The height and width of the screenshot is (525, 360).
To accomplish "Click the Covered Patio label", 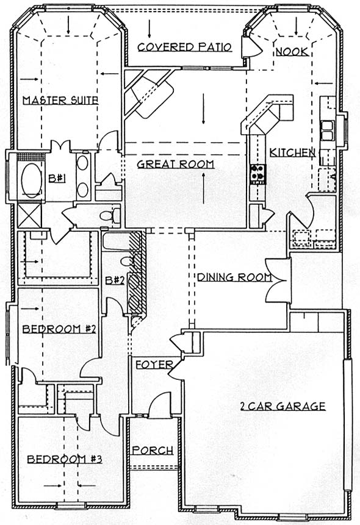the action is point(185,47).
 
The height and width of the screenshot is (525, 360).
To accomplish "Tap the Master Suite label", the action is point(60,100).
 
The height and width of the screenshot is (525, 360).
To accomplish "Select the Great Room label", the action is point(176,164).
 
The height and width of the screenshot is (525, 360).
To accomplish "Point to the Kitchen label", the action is point(293,152).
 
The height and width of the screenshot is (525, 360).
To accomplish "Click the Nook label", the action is point(292,52).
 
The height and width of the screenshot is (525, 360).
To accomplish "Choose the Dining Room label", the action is point(235,277).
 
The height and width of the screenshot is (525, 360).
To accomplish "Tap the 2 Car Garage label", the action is point(283,406).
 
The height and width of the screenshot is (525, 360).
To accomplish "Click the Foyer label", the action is point(154,364).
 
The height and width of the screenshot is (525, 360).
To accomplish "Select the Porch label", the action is point(153,451).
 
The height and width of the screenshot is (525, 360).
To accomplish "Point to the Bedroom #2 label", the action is point(59,329).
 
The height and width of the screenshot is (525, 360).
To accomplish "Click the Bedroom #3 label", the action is point(64,459).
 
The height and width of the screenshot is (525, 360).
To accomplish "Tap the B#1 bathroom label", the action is point(57,179).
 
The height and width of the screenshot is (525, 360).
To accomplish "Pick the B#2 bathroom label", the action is point(115,280).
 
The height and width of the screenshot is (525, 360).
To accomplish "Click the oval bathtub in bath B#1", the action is point(32,180).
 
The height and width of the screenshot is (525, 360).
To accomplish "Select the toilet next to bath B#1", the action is point(110,215).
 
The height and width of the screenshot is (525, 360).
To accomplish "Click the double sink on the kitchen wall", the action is point(328,130).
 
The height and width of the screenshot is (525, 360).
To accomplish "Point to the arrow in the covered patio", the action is point(149,29).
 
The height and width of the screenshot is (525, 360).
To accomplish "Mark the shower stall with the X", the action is point(29,215).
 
